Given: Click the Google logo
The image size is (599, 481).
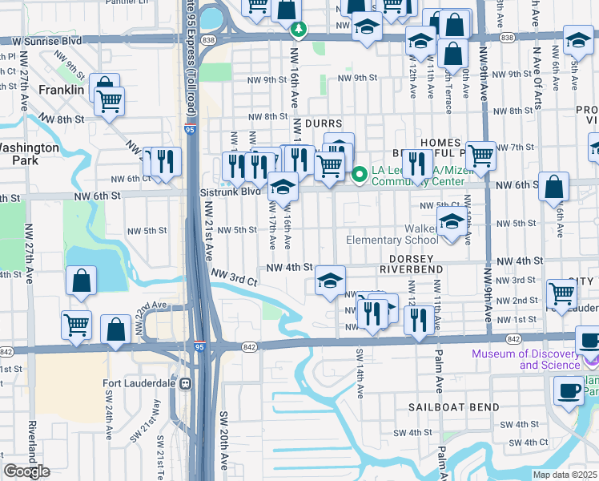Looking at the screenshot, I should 26,471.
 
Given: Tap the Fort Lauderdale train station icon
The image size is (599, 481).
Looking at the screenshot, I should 186,383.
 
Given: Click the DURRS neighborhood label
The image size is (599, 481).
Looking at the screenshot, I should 324,124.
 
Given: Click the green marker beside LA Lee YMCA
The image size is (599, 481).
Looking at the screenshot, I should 360,172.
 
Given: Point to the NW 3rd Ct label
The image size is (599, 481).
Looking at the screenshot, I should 234,277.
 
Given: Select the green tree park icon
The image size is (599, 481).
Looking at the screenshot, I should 299,30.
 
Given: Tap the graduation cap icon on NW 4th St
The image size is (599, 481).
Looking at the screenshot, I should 330,280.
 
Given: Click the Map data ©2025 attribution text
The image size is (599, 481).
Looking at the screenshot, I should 565,475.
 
